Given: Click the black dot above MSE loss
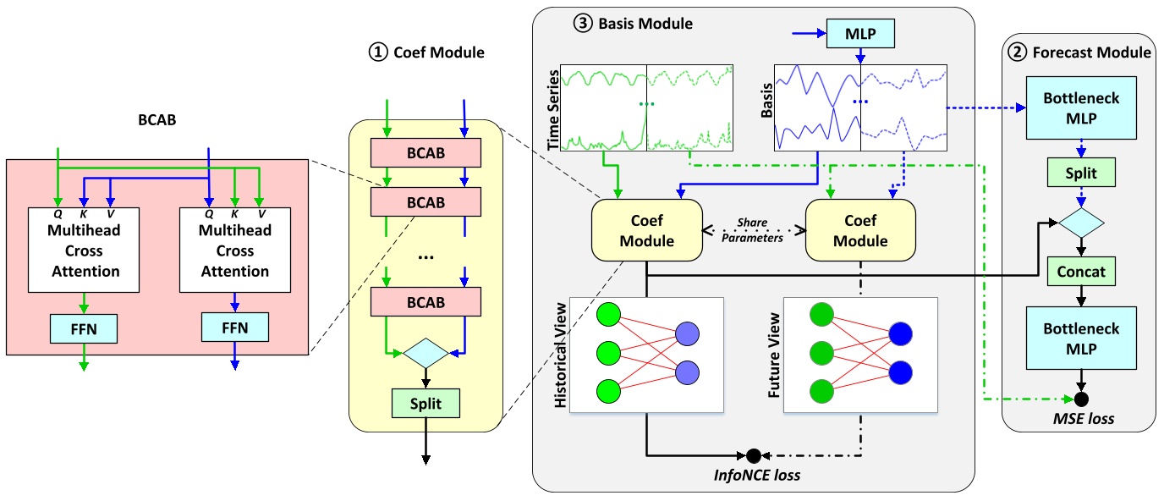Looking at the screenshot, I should [x=1079, y=397].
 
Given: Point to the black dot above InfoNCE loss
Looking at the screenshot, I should [x=753, y=454].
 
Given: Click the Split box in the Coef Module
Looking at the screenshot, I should [x=426, y=404].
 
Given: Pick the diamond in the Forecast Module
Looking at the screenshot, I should [x=1079, y=223].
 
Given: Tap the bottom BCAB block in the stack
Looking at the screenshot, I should [x=426, y=301].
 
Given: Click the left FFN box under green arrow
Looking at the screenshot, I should [x=83, y=327].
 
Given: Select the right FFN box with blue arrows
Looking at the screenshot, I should [x=234, y=327].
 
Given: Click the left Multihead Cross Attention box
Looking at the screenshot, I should [x=83, y=250].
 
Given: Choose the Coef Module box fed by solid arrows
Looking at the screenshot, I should [x=647, y=231].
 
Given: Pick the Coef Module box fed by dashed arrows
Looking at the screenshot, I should [x=861, y=231].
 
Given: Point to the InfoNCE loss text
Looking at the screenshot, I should [x=754, y=476].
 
